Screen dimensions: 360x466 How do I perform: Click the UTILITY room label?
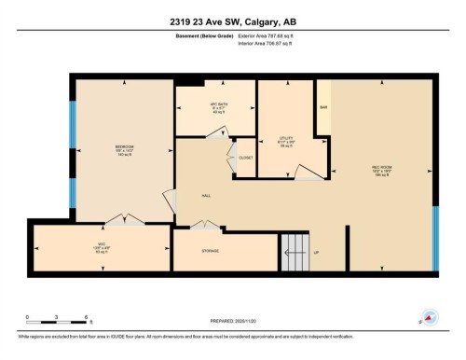pos(286,140)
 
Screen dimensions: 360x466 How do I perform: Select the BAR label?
pos(323,108)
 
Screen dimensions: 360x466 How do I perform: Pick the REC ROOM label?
pos(381,170)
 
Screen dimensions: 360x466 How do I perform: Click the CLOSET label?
pos(246,159)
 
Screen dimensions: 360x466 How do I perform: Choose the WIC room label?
pos(98,247)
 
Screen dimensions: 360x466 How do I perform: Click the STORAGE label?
pos(211,251)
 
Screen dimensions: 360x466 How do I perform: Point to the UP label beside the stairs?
pos(316,252)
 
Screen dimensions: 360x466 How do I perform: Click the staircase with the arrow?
pos(295,249)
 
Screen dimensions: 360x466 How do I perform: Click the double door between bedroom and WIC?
pos(123,220)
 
